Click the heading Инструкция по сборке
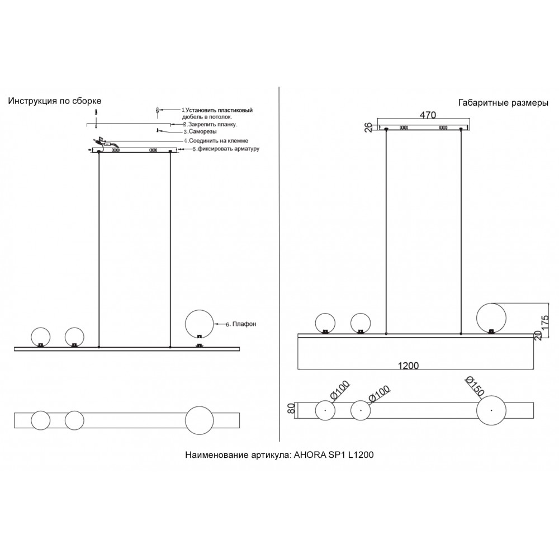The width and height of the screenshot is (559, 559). (x=55, y=101)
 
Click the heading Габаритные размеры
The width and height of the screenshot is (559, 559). (x=503, y=103)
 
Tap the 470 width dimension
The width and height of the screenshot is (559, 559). (x=428, y=115)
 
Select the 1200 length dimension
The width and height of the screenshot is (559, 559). (x=408, y=366)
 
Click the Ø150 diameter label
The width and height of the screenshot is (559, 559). (x=475, y=386)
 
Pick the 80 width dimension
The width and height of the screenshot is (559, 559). (x=291, y=408)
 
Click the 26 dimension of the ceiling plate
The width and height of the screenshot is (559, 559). (x=368, y=127)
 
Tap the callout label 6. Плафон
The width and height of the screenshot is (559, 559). (x=241, y=324)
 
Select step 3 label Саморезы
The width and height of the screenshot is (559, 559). (x=200, y=131)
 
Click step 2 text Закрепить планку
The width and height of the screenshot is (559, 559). (x=210, y=125)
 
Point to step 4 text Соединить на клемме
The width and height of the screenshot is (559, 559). (x=216, y=141)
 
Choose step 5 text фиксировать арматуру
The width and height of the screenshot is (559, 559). (x=226, y=149)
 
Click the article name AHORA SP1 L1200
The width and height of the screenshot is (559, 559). (x=334, y=454)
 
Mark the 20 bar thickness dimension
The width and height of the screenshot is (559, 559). (x=538, y=335)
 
